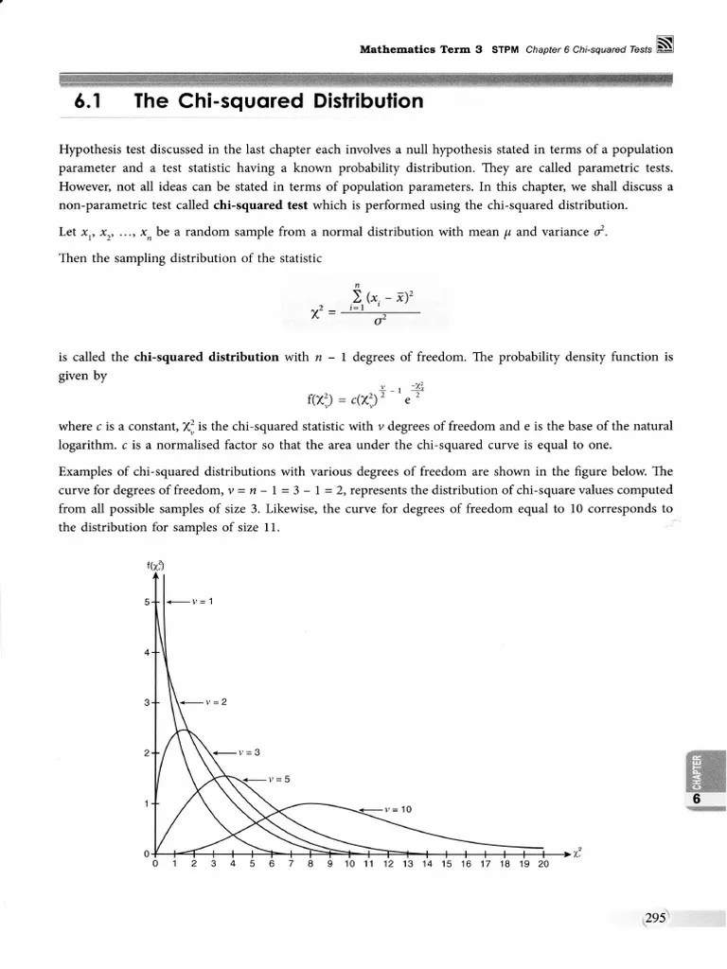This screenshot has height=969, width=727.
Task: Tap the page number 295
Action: coord(655,917)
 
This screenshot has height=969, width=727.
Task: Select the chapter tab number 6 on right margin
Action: coord(696,800)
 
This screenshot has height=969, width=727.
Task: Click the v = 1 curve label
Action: coord(202,601)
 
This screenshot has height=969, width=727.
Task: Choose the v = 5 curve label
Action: coord(277,779)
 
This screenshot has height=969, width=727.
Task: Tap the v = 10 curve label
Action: coord(399,810)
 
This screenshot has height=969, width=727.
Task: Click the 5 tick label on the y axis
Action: coord(148,602)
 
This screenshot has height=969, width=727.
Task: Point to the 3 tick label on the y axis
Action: coord(148,703)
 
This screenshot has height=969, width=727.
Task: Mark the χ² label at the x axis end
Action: coord(577,853)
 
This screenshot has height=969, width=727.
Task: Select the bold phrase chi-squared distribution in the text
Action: coord(206,358)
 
